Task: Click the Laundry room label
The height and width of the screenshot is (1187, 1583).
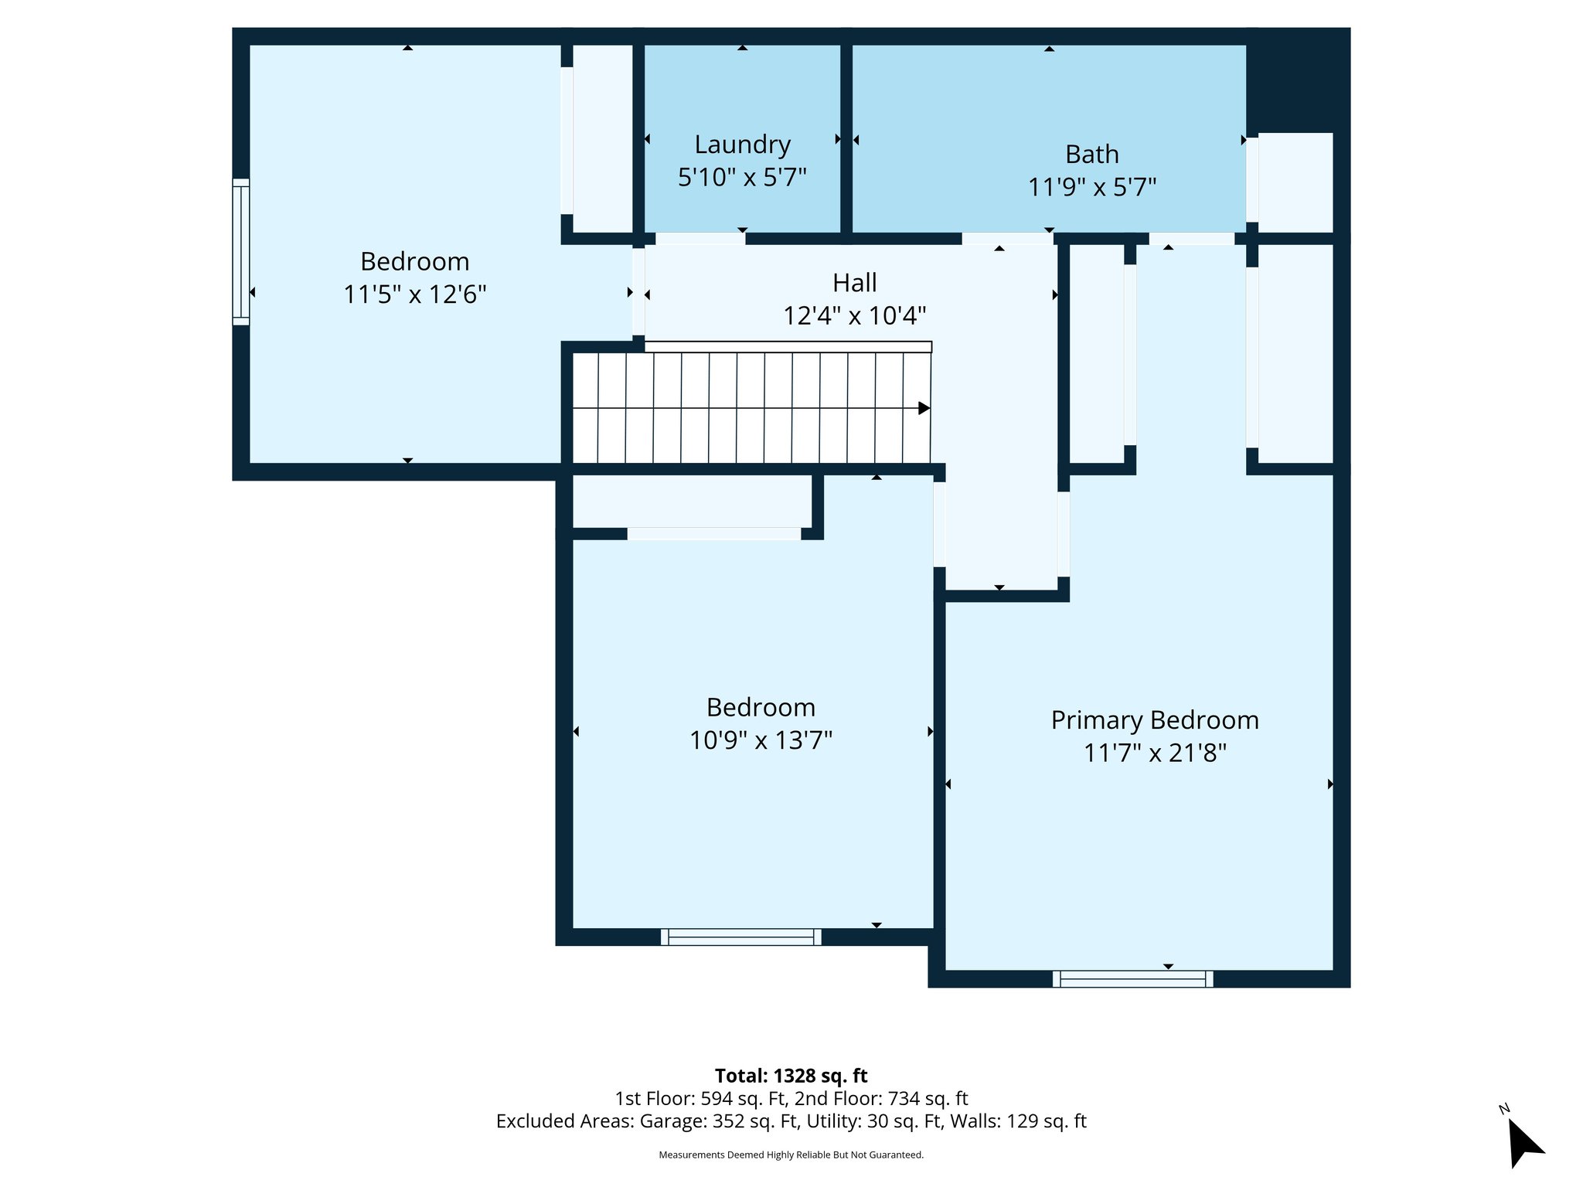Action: pos(742,145)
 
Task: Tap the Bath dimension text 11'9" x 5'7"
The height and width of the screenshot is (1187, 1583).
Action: pos(1091,187)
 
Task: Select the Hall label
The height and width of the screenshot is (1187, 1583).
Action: pos(854,283)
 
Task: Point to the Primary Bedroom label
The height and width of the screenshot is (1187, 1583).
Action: pos(1154,719)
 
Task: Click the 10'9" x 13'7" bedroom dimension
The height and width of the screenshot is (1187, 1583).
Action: pos(761,740)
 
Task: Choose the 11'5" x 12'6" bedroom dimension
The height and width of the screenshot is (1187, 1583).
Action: pos(414,294)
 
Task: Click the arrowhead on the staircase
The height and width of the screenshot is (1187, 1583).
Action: pos(923,408)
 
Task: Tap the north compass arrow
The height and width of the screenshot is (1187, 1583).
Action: pos(1524,1143)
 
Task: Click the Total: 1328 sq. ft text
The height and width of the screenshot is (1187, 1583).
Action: pos(791,1076)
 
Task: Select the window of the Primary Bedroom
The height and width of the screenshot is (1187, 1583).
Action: pos(1132,979)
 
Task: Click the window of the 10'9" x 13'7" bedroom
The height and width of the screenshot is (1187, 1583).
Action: pos(740,937)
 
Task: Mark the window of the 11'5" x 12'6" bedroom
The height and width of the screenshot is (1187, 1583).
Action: pos(241,252)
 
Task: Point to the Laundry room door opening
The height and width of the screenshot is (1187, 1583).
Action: pos(700,239)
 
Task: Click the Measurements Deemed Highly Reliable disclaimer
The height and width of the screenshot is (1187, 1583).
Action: pos(791,1155)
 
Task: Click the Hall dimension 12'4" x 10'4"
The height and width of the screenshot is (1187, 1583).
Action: pos(854,316)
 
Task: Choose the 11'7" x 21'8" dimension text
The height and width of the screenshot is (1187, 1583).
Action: pos(1154,753)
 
